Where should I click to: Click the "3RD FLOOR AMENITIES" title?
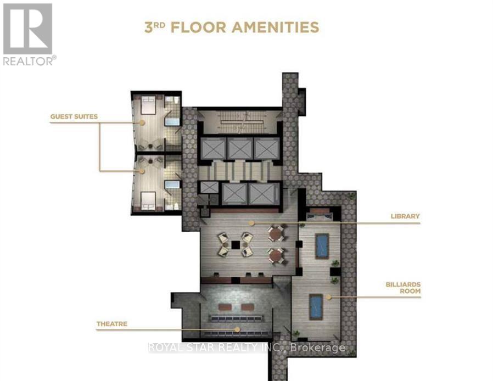[x=231, y=27]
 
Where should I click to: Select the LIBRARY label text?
[x=405, y=216]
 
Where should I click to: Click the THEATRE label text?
[x=112, y=324]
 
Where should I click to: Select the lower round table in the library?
[x=276, y=254]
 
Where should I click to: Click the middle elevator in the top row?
[x=240, y=149]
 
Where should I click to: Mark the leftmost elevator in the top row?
[x=212, y=149]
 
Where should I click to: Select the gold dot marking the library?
[x=251, y=223]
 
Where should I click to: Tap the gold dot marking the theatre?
[x=237, y=329]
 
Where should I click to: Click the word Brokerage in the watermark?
[x=320, y=348]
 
